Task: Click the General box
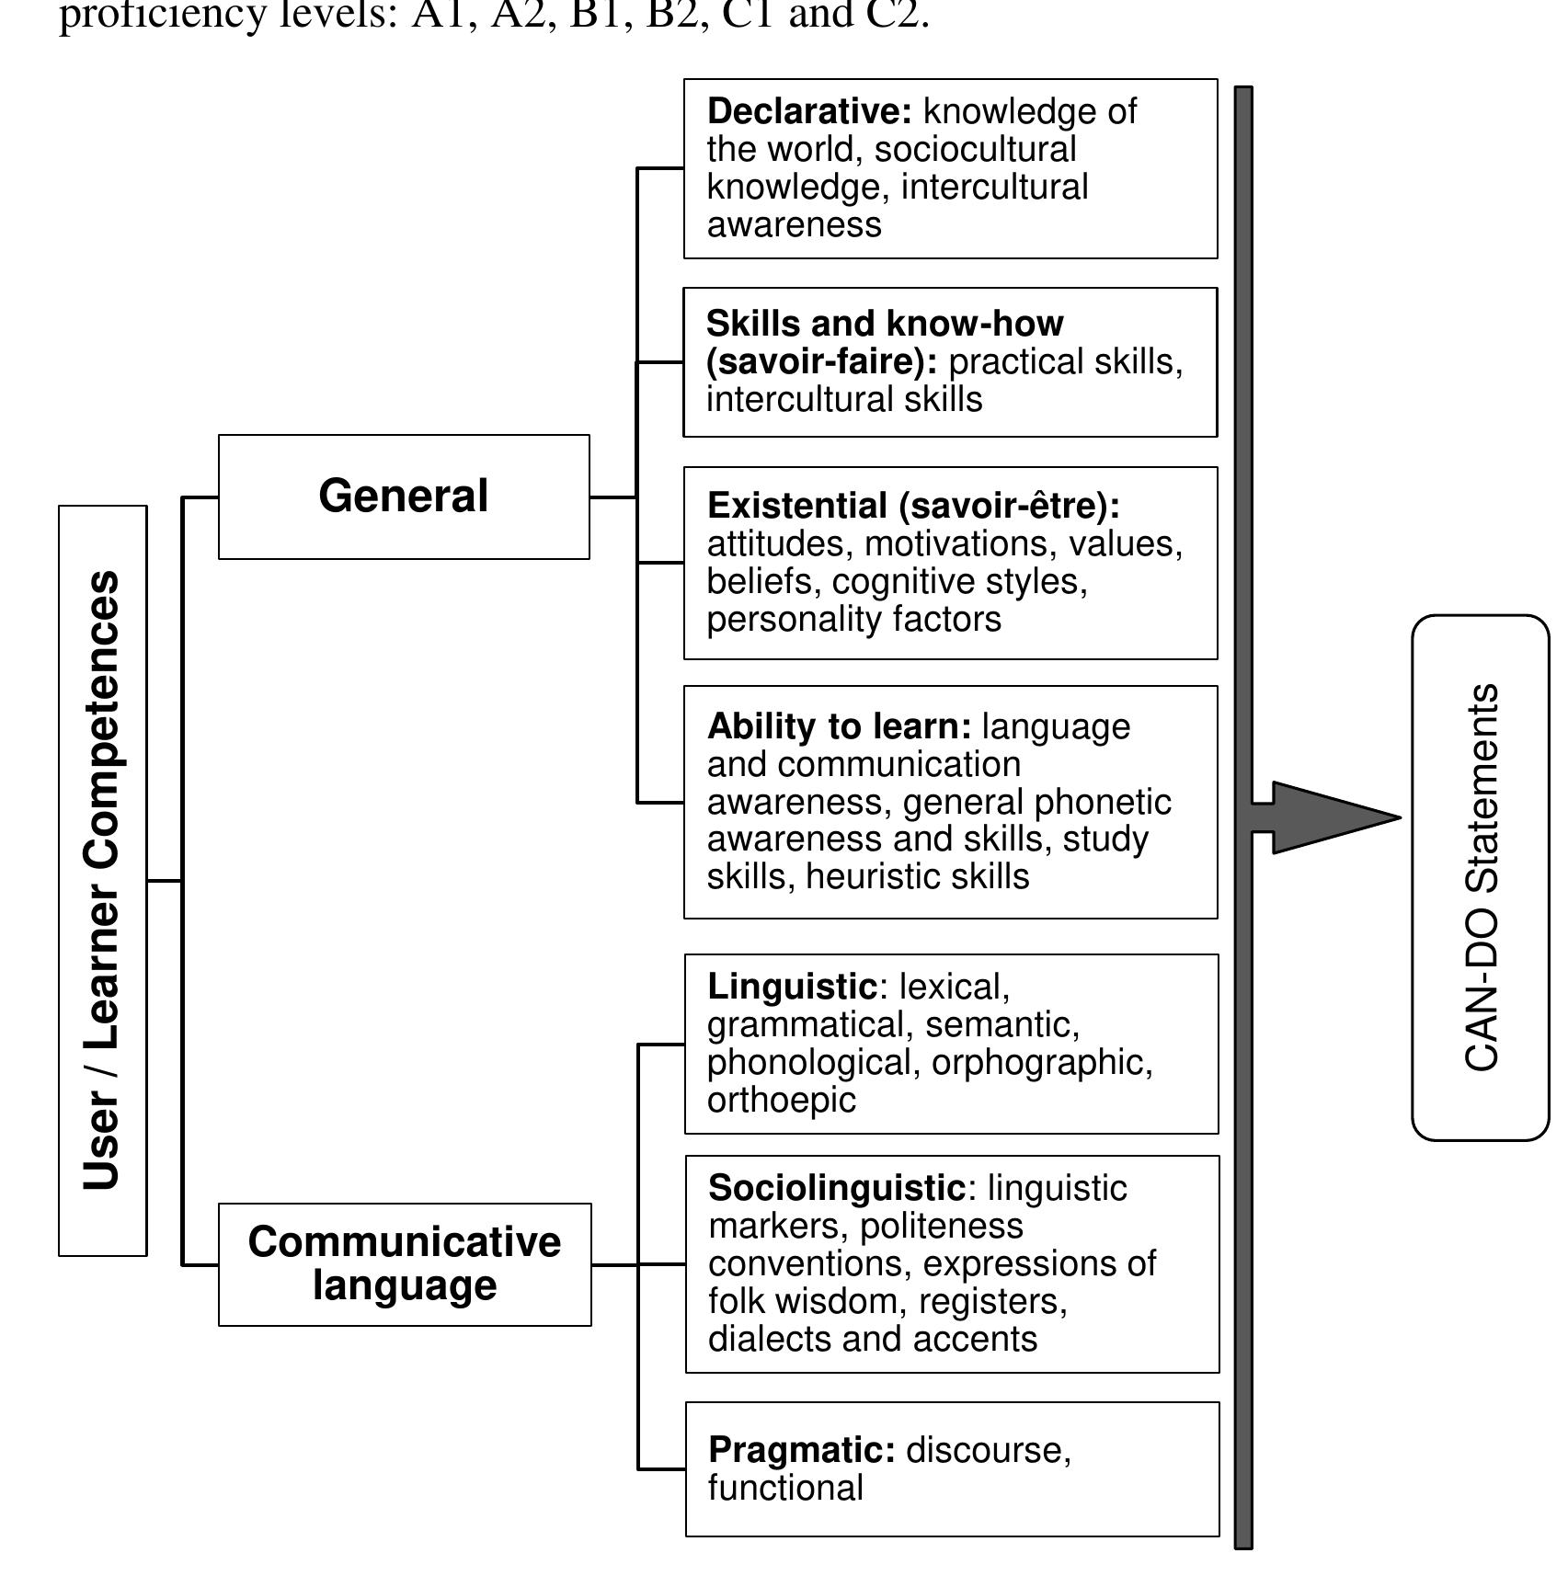[x=403, y=497]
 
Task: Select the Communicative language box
[x=404, y=1264]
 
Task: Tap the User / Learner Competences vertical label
[x=102, y=880]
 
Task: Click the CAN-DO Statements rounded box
[x=1480, y=877]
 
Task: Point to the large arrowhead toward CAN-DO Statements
[x=1333, y=817]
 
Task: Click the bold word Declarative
[x=809, y=111]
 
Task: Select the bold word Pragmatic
[x=801, y=1450]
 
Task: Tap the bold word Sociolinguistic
[x=837, y=1188]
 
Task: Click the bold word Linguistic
[x=792, y=987]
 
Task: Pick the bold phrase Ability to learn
[x=839, y=726]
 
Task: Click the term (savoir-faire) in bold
[x=821, y=361]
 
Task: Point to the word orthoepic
[x=782, y=1100]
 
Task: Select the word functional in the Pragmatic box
[x=785, y=1488]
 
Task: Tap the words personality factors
[x=853, y=619]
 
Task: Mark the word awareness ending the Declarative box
[x=794, y=224]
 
